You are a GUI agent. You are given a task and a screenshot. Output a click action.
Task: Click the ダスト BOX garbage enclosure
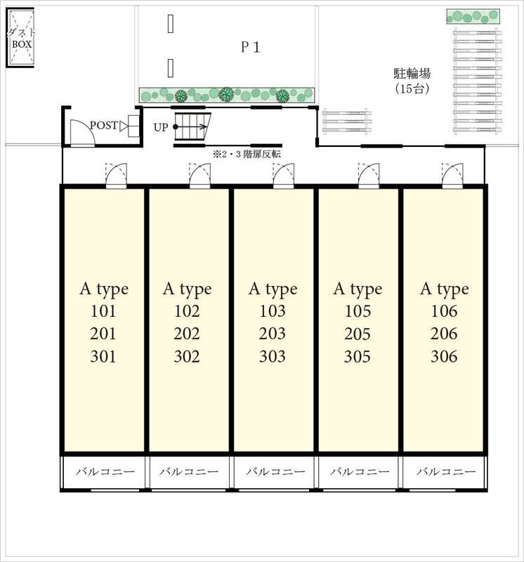coord(20,38)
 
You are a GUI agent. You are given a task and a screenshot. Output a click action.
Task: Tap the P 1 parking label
coord(250,47)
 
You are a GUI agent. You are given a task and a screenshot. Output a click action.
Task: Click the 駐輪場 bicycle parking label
coord(412,74)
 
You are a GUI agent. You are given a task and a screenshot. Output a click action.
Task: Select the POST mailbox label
coord(103,126)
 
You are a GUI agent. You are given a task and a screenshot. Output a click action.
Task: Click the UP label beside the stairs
coord(161,127)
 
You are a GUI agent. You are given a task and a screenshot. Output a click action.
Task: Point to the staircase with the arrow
coord(192,127)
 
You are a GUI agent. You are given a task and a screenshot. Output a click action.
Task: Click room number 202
coord(187,334)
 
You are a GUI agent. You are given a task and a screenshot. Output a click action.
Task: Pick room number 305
coord(358,357)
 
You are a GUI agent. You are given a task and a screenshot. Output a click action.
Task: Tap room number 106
coord(444,311)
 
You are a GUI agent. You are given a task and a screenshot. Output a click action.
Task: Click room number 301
coord(103,357)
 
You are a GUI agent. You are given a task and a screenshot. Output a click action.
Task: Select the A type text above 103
coord(273,289)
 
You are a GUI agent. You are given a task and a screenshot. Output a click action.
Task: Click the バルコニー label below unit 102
coord(189,471)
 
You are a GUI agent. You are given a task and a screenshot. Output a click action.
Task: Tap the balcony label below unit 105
coord(360,471)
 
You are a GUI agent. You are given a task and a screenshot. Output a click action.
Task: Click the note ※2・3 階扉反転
coord(247,155)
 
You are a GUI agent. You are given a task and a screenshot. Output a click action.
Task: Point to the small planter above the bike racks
coord(473,16)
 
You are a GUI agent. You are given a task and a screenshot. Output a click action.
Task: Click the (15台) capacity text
coord(412,89)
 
